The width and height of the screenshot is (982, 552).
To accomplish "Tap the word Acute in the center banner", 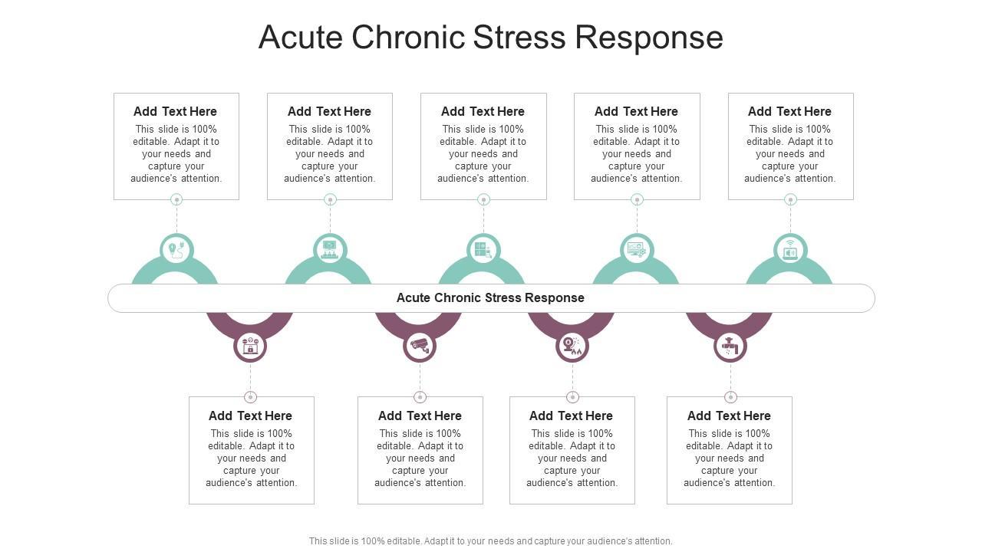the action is click(x=413, y=297).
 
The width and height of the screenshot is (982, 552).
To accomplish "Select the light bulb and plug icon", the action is click(x=176, y=250).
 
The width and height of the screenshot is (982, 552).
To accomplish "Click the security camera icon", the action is click(x=420, y=346).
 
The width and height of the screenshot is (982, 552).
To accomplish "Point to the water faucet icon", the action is click(x=730, y=347).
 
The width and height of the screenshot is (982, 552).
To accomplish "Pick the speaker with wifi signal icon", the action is click(x=790, y=250).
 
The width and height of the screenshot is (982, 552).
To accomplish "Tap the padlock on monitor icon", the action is click(x=250, y=347).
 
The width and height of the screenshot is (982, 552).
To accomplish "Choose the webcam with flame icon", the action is click(x=572, y=347).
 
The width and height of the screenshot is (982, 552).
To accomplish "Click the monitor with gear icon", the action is click(x=637, y=250).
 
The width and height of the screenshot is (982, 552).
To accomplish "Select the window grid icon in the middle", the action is click(x=483, y=250).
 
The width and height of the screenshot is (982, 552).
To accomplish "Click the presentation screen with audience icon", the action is click(x=330, y=250).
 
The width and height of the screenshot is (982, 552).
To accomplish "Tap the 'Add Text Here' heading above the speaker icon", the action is click(x=789, y=111).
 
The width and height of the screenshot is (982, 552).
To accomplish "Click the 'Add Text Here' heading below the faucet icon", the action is click(x=729, y=416).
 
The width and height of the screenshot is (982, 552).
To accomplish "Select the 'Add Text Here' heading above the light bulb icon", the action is click(x=175, y=111).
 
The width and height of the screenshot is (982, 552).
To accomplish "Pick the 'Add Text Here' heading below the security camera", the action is click(x=420, y=416).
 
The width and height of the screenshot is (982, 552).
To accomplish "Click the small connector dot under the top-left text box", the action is click(x=176, y=199).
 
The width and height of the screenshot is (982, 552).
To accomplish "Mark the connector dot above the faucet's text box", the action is click(x=730, y=397).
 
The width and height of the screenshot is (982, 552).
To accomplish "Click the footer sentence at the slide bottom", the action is click(x=490, y=540).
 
